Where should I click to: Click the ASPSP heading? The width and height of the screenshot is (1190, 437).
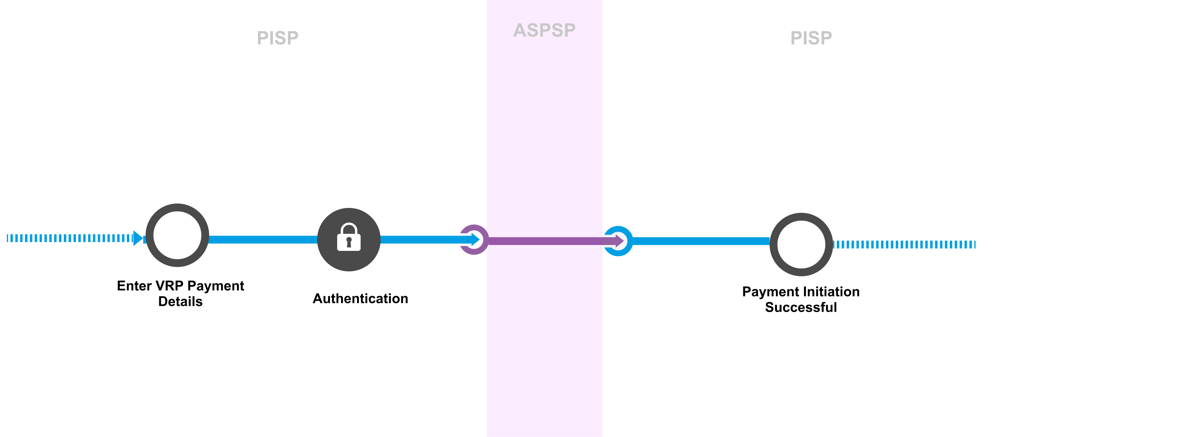544,31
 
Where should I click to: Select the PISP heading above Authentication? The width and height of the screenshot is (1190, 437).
278,38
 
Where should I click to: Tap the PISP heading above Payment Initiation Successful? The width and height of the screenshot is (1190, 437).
811,38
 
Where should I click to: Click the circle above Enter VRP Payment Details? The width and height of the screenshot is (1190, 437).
178,235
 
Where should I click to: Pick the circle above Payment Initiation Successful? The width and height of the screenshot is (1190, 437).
801,245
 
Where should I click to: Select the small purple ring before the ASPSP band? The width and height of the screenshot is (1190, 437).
473,239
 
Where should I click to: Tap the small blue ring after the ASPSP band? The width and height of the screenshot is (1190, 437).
618,241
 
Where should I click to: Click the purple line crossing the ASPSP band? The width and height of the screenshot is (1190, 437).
545,241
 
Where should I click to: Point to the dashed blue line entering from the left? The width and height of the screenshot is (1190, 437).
69,238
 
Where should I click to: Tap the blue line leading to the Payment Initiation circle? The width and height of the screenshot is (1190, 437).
700,241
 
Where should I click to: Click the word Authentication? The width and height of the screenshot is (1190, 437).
360,299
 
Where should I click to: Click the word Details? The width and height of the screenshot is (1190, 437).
180,302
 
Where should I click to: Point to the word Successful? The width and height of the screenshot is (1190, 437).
801,307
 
